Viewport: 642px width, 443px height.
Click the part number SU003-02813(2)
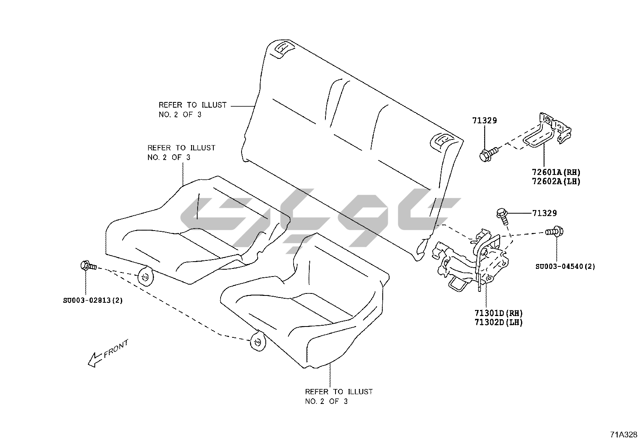tap(93, 300)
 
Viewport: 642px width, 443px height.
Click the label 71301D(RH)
tap(498, 313)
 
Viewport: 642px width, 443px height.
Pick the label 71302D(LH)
tap(498, 322)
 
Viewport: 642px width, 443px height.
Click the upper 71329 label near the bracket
tap(484, 120)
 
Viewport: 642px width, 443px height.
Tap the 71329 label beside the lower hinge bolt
tap(544, 213)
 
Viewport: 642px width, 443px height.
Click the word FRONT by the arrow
tap(116, 349)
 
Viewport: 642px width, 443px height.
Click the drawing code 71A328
tap(623, 435)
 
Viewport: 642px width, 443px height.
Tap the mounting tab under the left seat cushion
tap(146, 277)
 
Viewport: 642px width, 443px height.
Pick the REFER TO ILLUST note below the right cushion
tap(338, 396)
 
